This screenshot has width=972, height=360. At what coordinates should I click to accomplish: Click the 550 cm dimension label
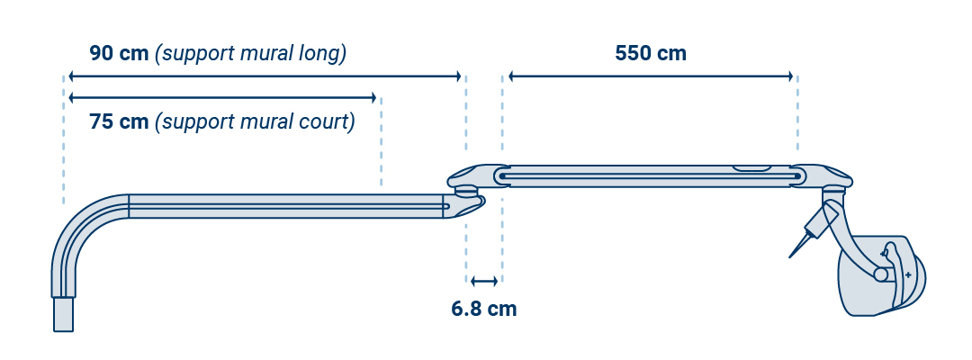coord(650,53)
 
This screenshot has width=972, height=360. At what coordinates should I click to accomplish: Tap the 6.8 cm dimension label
coord(483,309)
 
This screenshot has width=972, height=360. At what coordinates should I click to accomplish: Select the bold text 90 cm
coord(119,53)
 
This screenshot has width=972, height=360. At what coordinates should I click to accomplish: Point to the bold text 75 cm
coord(119,121)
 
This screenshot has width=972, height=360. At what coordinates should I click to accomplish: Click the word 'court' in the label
coord(326,121)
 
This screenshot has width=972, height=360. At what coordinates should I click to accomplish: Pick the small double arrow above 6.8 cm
coord(484,282)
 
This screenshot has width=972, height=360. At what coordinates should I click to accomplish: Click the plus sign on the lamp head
coord(908,274)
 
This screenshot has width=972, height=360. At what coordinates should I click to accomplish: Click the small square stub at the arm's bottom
coord(63,315)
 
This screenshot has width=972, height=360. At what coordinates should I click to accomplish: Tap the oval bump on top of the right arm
coord(751,167)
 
